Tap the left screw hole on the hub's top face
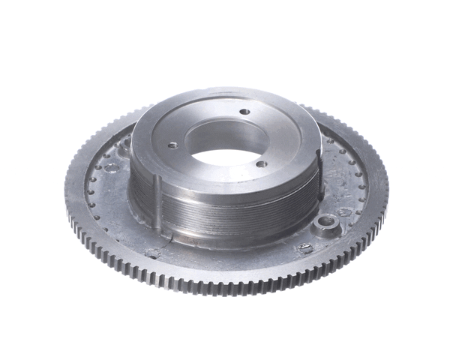coord(172,145)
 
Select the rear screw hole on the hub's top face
coord(244,112)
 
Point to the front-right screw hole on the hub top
coord(260,163)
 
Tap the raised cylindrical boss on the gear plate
coord(326,224)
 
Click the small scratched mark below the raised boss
coord(305,247)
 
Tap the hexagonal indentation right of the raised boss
coord(346,212)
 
